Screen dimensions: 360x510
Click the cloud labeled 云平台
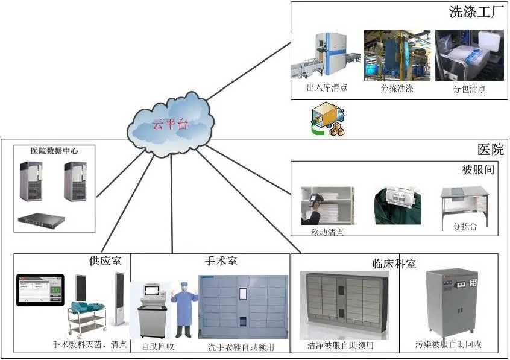point(171,124)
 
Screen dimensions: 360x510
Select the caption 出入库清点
point(327,88)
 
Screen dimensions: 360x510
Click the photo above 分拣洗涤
point(397,55)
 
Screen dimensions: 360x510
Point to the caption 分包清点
point(470,89)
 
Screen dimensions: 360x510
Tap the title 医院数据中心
point(55,150)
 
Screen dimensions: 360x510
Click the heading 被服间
point(478,170)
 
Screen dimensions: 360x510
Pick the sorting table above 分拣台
point(465,203)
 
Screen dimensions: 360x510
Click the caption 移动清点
point(327,232)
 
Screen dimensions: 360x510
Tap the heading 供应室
point(105,261)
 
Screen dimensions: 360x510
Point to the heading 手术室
point(221,261)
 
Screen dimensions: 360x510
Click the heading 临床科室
point(394,263)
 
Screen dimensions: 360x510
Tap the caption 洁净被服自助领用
point(341,346)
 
